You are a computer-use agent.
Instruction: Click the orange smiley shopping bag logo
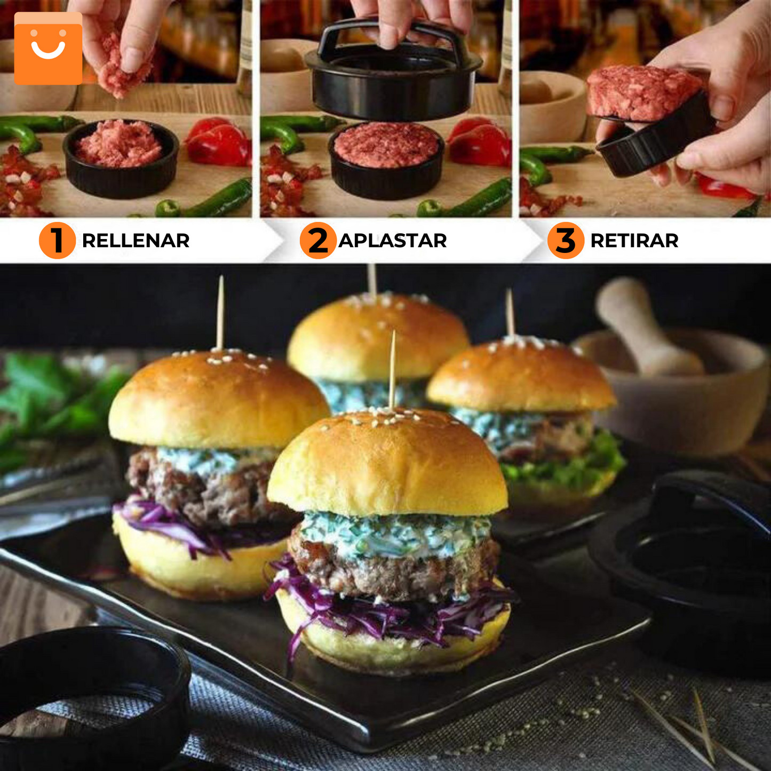click(x=49, y=49)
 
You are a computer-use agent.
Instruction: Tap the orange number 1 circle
click(x=57, y=241)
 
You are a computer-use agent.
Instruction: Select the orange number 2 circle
click(x=318, y=241)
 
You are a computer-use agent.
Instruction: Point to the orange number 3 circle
click(x=566, y=241)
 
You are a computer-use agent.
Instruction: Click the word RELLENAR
click(x=136, y=241)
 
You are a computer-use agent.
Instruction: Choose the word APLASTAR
click(x=393, y=241)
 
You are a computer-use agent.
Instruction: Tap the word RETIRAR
click(x=634, y=241)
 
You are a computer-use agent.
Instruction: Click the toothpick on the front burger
click(x=393, y=368)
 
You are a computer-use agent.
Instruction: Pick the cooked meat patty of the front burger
click(x=395, y=574)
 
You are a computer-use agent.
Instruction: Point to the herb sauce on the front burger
click(x=395, y=534)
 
